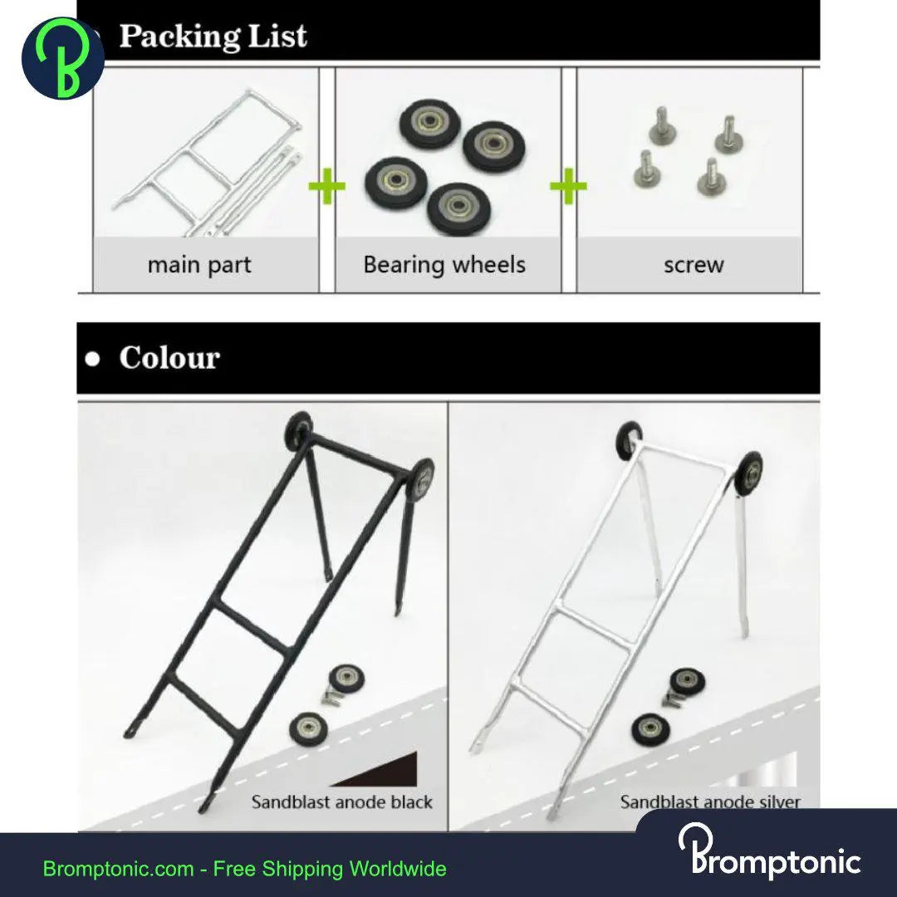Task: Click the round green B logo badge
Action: click(62, 58)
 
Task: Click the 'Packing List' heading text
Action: click(212, 36)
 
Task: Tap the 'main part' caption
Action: click(199, 265)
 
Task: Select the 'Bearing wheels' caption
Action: click(444, 265)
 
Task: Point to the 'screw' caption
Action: click(694, 265)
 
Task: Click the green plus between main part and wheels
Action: click(326, 188)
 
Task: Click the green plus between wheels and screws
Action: click(568, 188)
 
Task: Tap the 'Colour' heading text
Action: click(169, 358)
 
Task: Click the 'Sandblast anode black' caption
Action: click(341, 802)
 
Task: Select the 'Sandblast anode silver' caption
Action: click(710, 802)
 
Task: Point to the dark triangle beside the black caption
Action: click(395, 770)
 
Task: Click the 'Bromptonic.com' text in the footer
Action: click(117, 870)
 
